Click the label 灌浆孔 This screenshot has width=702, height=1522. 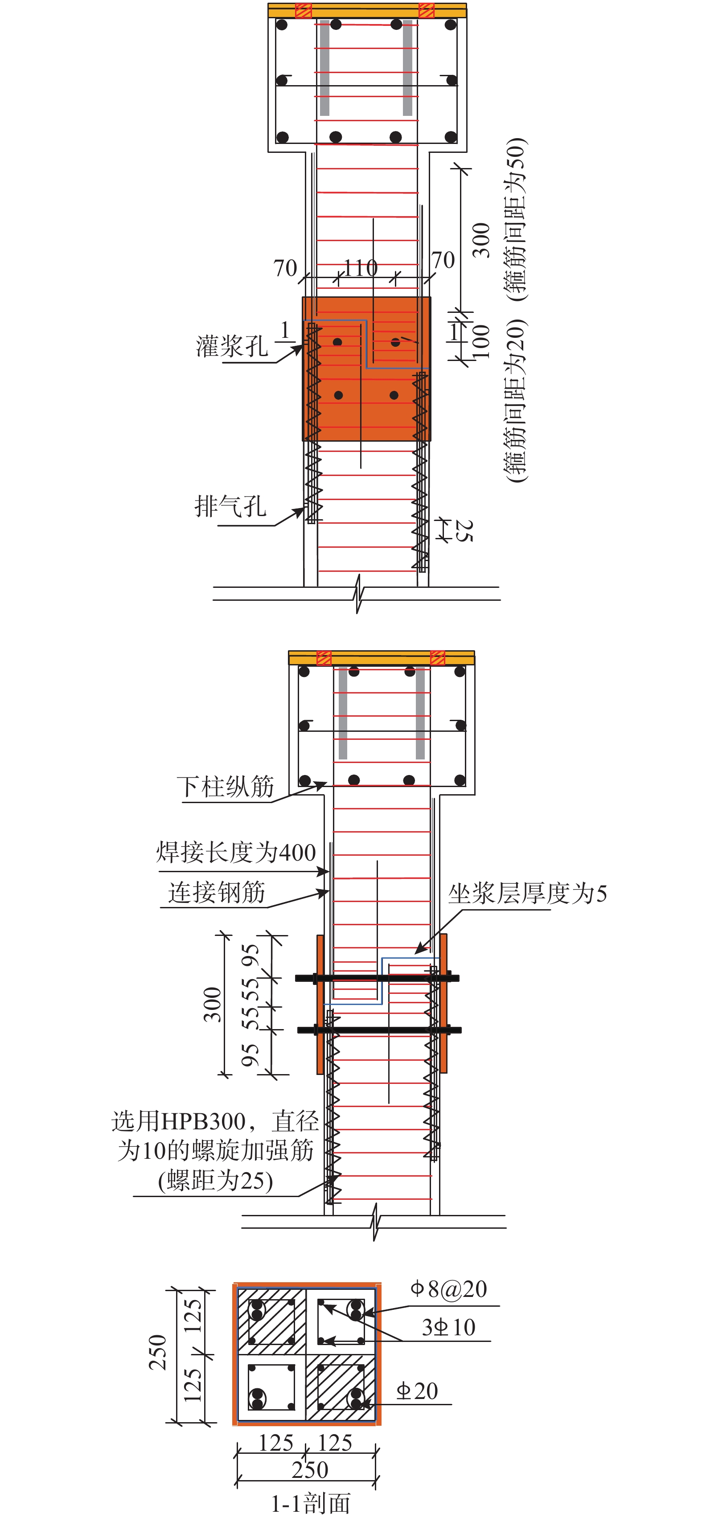point(232,346)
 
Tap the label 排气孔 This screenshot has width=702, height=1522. point(230,506)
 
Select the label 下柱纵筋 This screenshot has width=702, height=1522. point(225,787)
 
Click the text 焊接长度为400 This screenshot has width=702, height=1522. point(236,852)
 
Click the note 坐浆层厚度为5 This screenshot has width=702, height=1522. point(527,893)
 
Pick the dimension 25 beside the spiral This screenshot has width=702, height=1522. point(464,530)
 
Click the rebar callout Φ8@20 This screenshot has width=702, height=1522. point(448,1288)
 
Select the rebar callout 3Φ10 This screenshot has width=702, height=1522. point(448,1327)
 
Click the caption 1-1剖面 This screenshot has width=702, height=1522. point(310,1504)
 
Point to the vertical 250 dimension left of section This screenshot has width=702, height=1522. point(158,1352)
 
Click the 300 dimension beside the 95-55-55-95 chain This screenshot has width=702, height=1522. point(212,1005)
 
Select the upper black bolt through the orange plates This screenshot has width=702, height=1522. point(377,978)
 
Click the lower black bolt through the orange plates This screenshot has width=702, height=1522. point(379,1030)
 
